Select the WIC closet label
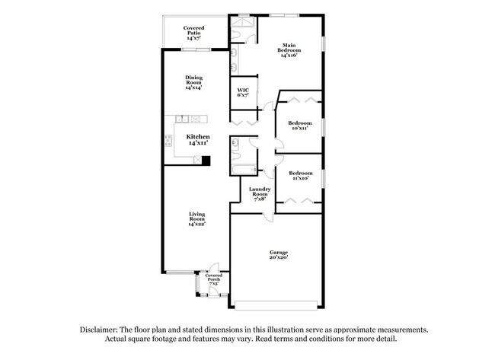pos(242,92)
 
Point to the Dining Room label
pos(193,81)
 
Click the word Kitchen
pos(198,137)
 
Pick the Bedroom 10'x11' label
pos(299,125)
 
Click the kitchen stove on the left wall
pos(168,139)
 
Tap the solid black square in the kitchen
pos(206,161)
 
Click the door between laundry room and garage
pos(267,215)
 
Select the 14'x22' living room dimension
pos(197,225)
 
